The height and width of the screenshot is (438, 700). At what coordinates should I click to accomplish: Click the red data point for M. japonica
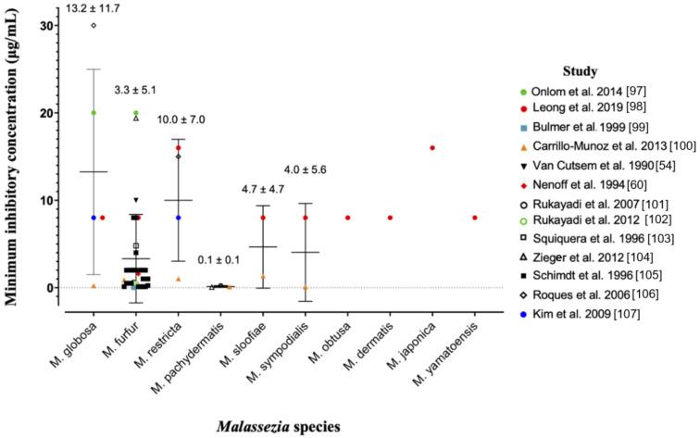click(x=432, y=147)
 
